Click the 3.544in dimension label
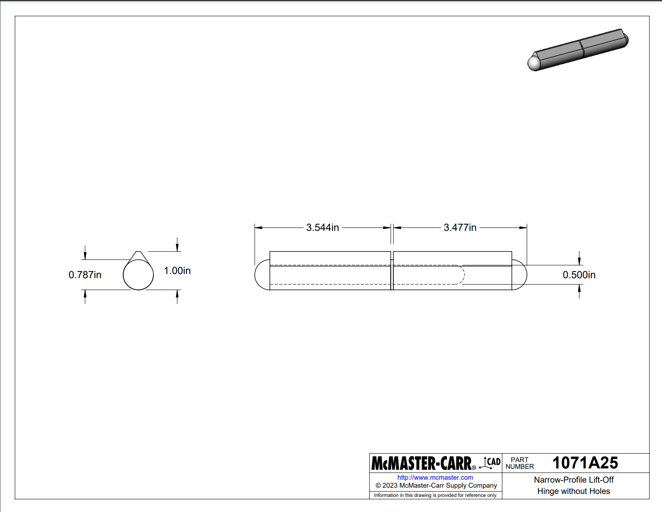tap(322, 228)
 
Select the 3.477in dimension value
tap(460, 228)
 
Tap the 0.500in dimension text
tap(579, 275)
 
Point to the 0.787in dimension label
tap(85, 275)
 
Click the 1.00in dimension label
tap(177, 271)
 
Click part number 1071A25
tap(585, 463)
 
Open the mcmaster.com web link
tap(435, 478)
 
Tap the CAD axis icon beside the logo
tap(490, 463)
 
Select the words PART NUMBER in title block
tap(520, 463)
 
